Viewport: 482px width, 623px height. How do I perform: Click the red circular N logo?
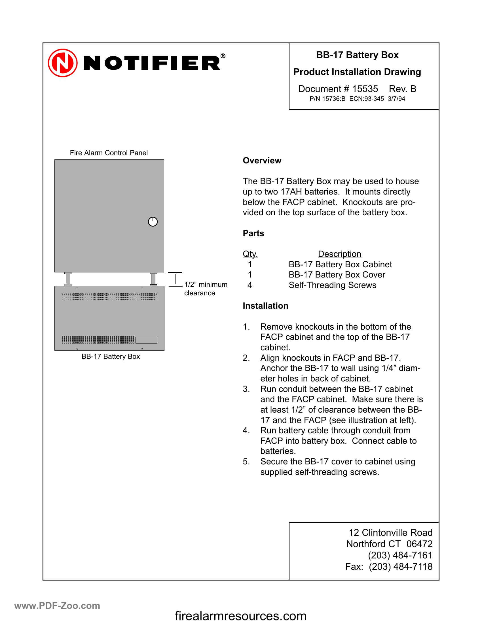click(x=63, y=63)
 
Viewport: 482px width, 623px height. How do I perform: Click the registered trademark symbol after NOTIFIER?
click(x=223, y=56)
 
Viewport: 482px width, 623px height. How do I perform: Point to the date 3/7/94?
click(x=396, y=99)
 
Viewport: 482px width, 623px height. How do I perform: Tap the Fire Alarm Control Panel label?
click(x=109, y=153)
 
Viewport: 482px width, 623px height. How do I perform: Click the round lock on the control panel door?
click(x=153, y=222)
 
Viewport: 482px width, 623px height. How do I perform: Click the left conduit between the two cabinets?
click(x=68, y=279)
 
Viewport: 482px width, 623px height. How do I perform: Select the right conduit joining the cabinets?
click(x=153, y=279)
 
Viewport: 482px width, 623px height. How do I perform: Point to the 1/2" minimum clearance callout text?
click(x=205, y=289)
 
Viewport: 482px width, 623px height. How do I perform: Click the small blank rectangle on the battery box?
click(x=146, y=340)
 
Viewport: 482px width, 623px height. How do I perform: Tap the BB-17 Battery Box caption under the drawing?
click(x=111, y=357)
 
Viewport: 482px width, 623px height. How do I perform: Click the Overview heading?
click(x=262, y=161)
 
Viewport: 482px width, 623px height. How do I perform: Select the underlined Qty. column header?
click(x=250, y=254)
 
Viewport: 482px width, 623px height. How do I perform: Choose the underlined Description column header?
click(x=339, y=254)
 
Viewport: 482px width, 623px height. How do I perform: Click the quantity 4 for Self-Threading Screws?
click(x=250, y=285)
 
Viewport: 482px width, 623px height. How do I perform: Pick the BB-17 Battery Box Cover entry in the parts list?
click(x=337, y=275)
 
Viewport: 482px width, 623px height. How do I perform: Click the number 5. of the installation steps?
click(x=246, y=462)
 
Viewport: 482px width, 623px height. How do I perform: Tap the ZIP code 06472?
click(x=419, y=544)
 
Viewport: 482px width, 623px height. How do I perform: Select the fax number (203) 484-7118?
click(x=400, y=567)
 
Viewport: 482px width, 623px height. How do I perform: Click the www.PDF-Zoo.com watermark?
click(x=57, y=605)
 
